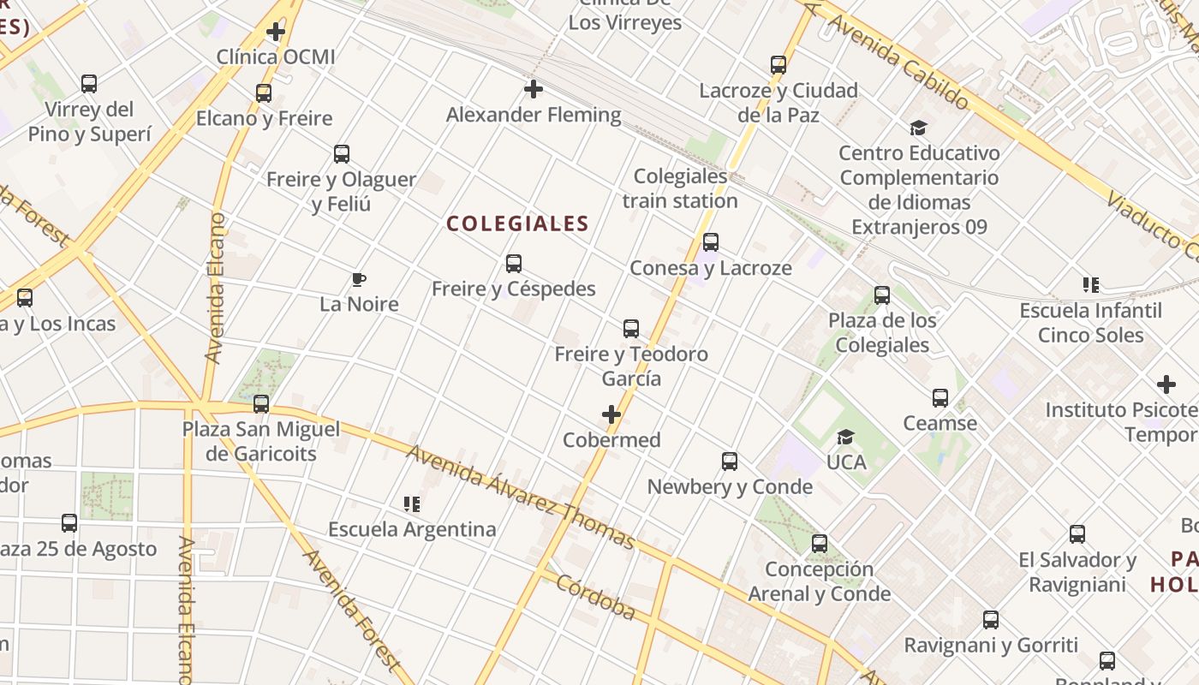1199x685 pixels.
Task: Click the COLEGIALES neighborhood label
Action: point(517,224)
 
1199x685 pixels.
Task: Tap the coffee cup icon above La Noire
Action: point(359,279)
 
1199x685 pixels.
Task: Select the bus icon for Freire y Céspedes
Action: point(514,264)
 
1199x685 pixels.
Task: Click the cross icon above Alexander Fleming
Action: point(534,89)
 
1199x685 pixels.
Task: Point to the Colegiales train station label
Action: point(680,188)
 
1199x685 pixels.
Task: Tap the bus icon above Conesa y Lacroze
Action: point(710,242)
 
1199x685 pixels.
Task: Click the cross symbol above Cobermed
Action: point(611,415)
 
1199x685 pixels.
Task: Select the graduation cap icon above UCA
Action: point(845,438)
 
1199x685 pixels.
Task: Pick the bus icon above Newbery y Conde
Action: point(730,462)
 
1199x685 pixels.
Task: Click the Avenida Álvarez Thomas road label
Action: point(521,497)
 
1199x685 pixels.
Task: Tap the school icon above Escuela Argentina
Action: point(412,504)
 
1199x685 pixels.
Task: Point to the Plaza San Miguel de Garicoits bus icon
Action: point(261,403)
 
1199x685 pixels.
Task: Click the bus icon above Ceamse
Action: point(940,398)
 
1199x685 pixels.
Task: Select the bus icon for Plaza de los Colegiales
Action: point(882,295)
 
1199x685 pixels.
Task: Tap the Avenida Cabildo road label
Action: point(898,64)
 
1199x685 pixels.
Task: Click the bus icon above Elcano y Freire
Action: point(264,93)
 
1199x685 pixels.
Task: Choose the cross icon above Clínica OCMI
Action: point(275,33)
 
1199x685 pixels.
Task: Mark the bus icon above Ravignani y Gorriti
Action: point(991,620)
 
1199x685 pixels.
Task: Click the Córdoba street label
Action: point(596,597)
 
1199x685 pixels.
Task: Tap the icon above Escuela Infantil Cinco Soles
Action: point(1090,285)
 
